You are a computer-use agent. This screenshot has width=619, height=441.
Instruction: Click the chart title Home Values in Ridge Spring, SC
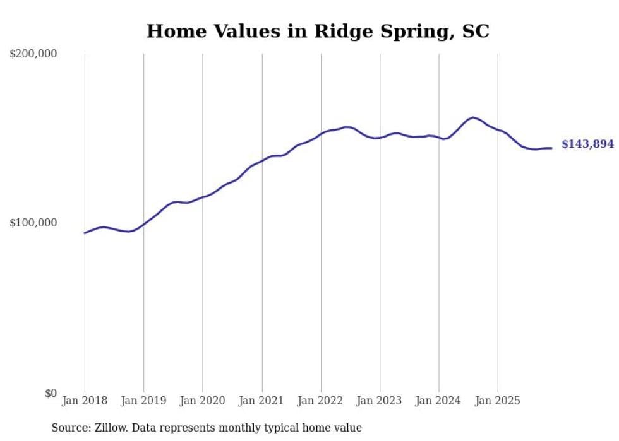click(318, 31)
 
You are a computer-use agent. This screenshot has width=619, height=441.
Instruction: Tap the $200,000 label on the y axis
click(33, 54)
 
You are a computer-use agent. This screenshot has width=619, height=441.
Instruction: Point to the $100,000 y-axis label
click(33, 223)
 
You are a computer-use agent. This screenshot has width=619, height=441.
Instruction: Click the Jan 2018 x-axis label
click(85, 401)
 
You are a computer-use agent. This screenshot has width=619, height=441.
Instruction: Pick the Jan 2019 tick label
click(143, 401)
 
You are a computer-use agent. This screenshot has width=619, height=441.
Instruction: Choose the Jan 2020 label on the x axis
click(203, 401)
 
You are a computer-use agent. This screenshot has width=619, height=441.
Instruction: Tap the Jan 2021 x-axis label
click(261, 401)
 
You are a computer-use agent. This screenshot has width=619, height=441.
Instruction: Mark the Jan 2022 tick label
click(321, 401)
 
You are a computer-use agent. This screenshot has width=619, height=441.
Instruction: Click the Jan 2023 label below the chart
click(380, 401)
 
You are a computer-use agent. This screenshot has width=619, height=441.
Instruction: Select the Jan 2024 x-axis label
click(439, 401)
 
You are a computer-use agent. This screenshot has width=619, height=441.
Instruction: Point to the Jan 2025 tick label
click(498, 401)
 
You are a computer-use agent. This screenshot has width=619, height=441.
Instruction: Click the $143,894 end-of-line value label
click(587, 144)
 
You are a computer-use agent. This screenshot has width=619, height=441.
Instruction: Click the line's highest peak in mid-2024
click(472, 117)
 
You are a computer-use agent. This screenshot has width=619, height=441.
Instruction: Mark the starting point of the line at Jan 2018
click(85, 233)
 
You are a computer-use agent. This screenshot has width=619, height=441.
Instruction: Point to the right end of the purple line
click(551, 148)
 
